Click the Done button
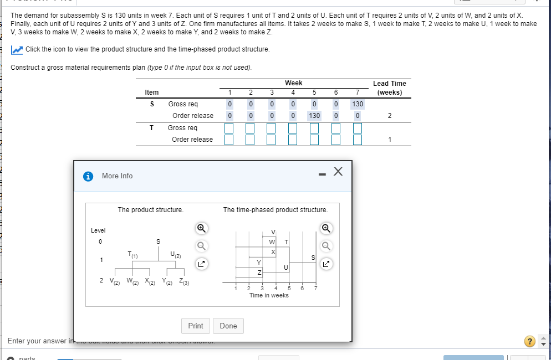(x=228, y=326)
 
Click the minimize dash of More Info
(x=321, y=175)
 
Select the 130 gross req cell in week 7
(x=358, y=104)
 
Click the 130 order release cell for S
(x=314, y=116)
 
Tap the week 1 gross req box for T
(x=228, y=128)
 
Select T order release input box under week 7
(x=358, y=140)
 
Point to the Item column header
(x=151, y=92)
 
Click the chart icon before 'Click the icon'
(x=17, y=50)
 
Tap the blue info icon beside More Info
(x=88, y=176)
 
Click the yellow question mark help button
(x=530, y=341)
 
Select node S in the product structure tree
(x=158, y=241)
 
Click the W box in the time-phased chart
(x=272, y=241)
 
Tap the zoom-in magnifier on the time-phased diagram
(x=326, y=228)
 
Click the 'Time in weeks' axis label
(x=269, y=295)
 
